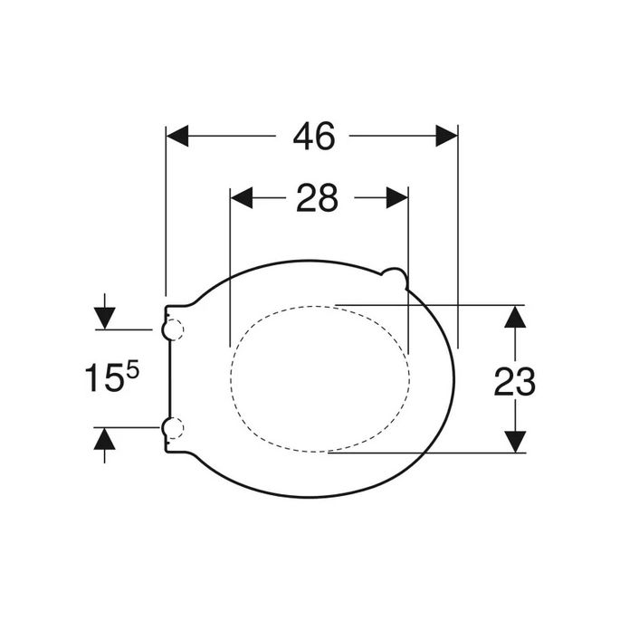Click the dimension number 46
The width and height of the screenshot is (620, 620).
point(313,136)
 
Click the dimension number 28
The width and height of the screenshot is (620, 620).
point(317,197)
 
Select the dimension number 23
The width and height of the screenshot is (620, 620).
point(514,382)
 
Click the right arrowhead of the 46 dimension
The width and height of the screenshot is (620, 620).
point(447,136)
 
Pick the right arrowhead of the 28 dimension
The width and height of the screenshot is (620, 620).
point(397,197)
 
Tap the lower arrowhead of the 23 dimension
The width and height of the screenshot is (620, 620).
point(514,441)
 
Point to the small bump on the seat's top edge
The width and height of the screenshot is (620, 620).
point(395,272)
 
